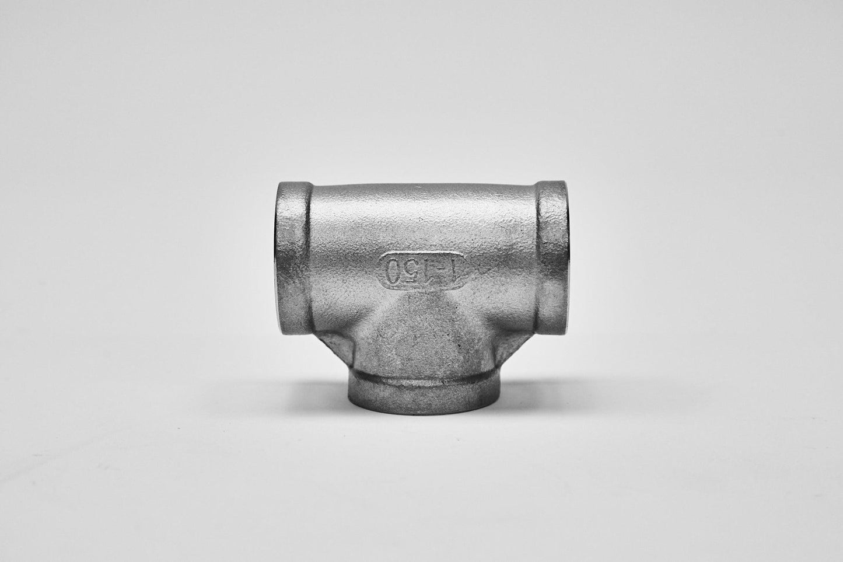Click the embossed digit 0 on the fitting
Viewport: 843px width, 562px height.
click(x=393, y=271)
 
